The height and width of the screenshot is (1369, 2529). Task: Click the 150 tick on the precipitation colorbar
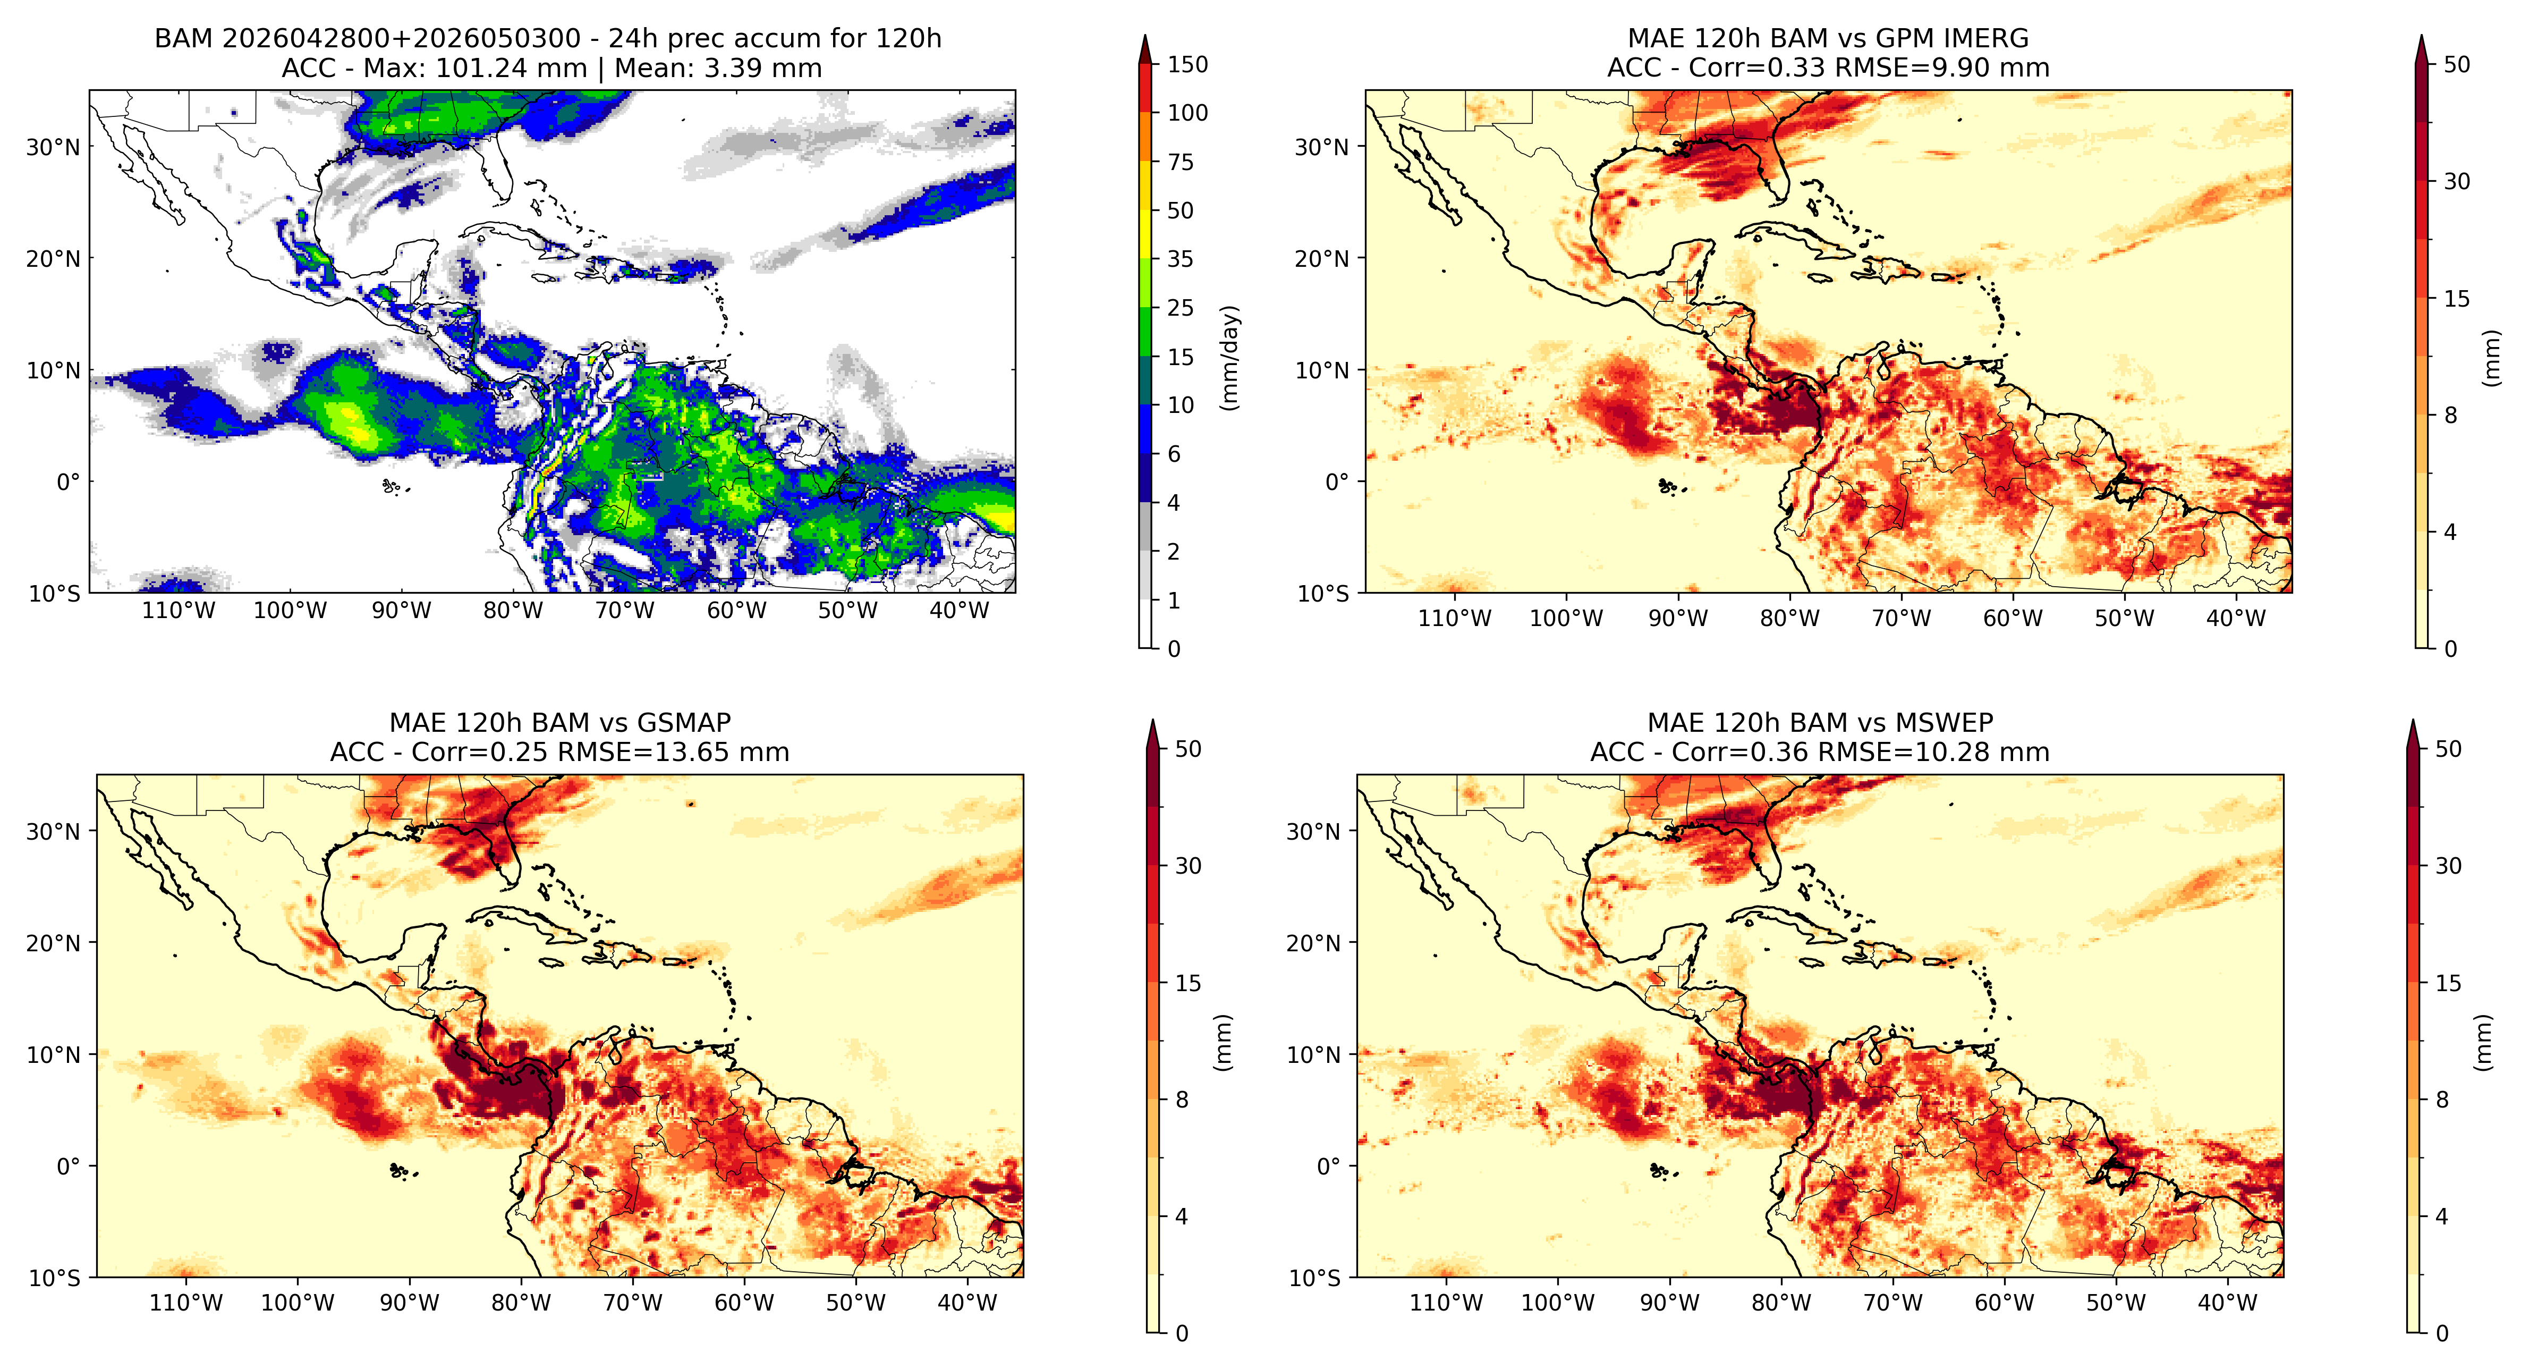[1187, 65]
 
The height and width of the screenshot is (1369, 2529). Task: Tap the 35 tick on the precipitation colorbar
[1180, 259]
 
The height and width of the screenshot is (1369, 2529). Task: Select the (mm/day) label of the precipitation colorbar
[1229, 358]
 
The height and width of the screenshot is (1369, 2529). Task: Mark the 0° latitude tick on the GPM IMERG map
[1337, 482]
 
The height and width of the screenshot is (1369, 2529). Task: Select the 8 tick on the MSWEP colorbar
[2442, 1100]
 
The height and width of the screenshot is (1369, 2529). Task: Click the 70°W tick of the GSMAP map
[632, 1303]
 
